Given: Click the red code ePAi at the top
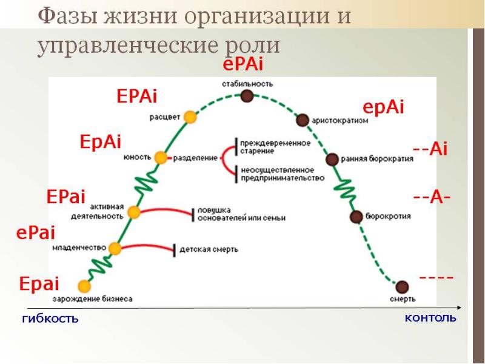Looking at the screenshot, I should point(243,65).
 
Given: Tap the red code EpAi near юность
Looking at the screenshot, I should point(101,142).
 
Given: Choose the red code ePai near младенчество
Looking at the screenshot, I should point(36,232).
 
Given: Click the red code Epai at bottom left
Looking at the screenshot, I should point(39,284).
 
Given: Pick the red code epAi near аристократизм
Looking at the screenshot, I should point(383,107).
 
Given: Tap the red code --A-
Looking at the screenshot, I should point(431,198).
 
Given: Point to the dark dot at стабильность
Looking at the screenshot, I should point(246,96).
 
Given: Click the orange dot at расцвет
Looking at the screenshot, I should point(190,116).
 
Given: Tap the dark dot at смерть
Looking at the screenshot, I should point(401,286).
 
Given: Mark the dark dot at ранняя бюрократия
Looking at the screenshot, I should point(332,160).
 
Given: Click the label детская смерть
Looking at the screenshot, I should point(210,249).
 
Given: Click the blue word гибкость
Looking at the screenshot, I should point(50,318).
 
